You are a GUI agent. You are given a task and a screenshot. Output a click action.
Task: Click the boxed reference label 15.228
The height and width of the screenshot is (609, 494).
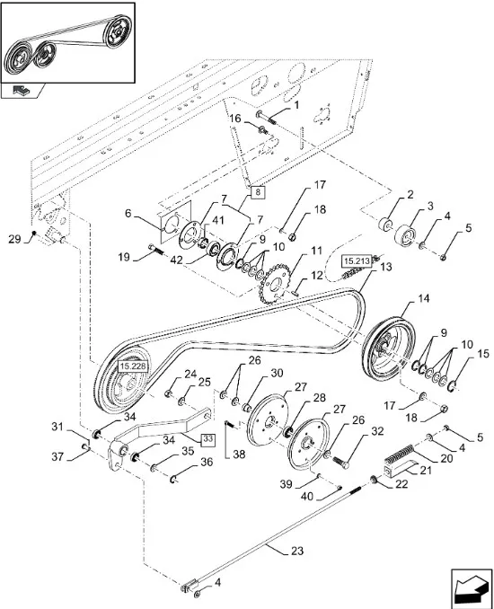pyautogui.click(x=132, y=366)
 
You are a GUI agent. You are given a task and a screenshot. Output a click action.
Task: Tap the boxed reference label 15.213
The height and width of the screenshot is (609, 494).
pyautogui.click(x=357, y=261)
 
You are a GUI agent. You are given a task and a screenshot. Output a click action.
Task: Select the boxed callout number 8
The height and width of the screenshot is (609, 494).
pyautogui.click(x=259, y=192)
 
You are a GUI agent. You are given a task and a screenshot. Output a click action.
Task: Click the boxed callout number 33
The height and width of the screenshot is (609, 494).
pyautogui.click(x=207, y=439)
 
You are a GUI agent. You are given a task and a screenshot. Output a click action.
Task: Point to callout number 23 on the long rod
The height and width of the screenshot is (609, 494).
pyautogui.click(x=297, y=551)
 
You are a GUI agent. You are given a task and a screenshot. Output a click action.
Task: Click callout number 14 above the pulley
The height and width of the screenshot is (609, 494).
pyautogui.click(x=424, y=299)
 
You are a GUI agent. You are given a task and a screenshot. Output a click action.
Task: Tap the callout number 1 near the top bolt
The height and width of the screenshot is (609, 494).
pyautogui.click(x=296, y=105)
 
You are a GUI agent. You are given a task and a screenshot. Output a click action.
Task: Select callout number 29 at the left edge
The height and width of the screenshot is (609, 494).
pyautogui.click(x=14, y=239)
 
